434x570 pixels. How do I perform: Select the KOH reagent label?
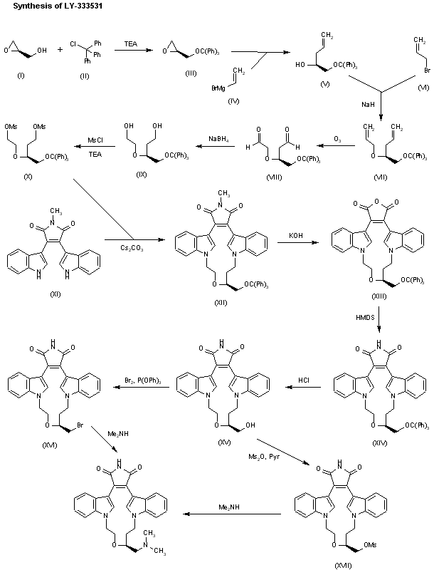[x=295, y=232]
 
